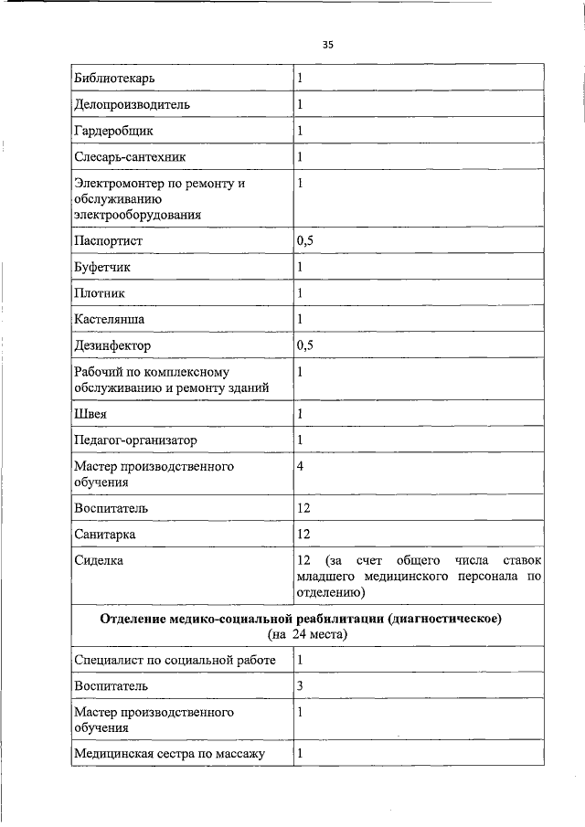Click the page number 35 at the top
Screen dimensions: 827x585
[x=328, y=44]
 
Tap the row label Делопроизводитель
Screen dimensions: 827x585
[x=132, y=104]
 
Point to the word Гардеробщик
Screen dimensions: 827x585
[x=114, y=131]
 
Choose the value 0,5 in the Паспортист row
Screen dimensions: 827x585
[x=305, y=241]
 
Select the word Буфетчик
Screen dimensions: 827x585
[x=102, y=268]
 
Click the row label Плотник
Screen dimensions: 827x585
[x=100, y=293]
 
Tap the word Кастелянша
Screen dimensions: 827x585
[x=109, y=320]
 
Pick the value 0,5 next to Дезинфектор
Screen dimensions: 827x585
[x=305, y=346]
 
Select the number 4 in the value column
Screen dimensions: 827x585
[x=301, y=466]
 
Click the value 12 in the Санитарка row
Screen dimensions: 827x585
[x=304, y=534]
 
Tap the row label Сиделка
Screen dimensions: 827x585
[x=99, y=559]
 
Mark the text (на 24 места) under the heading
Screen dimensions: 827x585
[x=307, y=633]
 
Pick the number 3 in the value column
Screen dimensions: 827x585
[x=300, y=685]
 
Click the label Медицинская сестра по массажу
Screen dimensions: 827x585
[x=169, y=753]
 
